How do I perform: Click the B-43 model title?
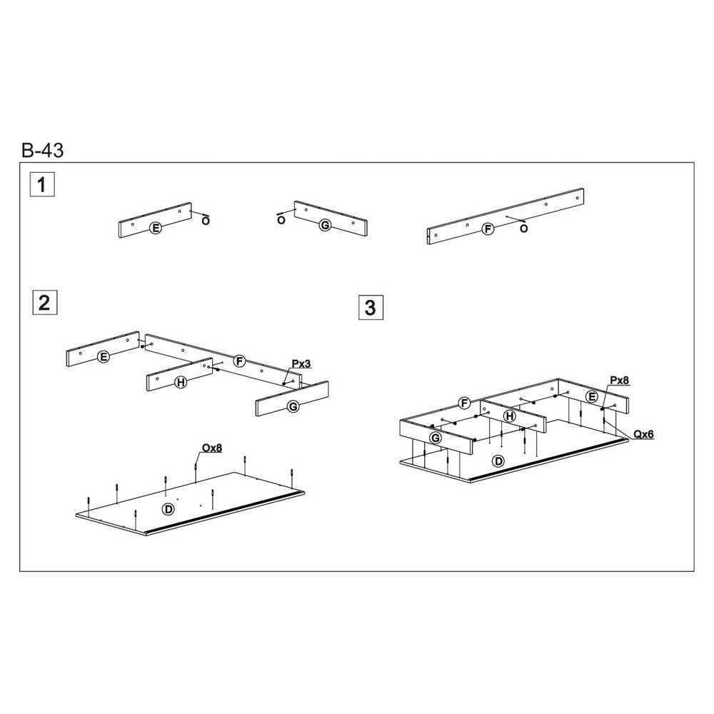pyautogui.click(x=43, y=150)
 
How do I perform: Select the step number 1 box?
pyautogui.click(x=42, y=184)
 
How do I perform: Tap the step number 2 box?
pyautogui.click(x=45, y=302)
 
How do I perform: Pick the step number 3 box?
pyautogui.click(x=371, y=307)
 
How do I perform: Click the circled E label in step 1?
pyautogui.click(x=156, y=228)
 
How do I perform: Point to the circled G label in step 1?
pyautogui.click(x=325, y=225)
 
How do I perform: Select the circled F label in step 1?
pyautogui.click(x=488, y=229)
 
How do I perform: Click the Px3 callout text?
pyautogui.click(x=301, y=364)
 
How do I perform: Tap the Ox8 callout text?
pyautogui.click(x=212, y=448)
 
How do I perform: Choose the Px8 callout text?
pyautogui.click(x=620, y=381)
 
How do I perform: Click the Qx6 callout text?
pyautogui.click(x=644, y=434)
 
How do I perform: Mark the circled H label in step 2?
pyautogui.click(x=181, y=382)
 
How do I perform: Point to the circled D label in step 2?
pyautogui.click(x=169, y=508)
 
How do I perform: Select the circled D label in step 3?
pyautogui.click(x=499, y=461)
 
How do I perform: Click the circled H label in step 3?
pyautogui.click(x=510, y=416)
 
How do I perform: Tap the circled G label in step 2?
pyautogui.click(x=293, y=406)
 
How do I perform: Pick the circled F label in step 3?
pyautogui.click(x=465, y=403)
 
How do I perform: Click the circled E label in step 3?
pyautogui.click(x=592, y=396)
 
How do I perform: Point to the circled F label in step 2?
pyautogui.click(x=239, y=361)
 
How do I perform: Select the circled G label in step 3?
pyautogui.click(x=436, y=438)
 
